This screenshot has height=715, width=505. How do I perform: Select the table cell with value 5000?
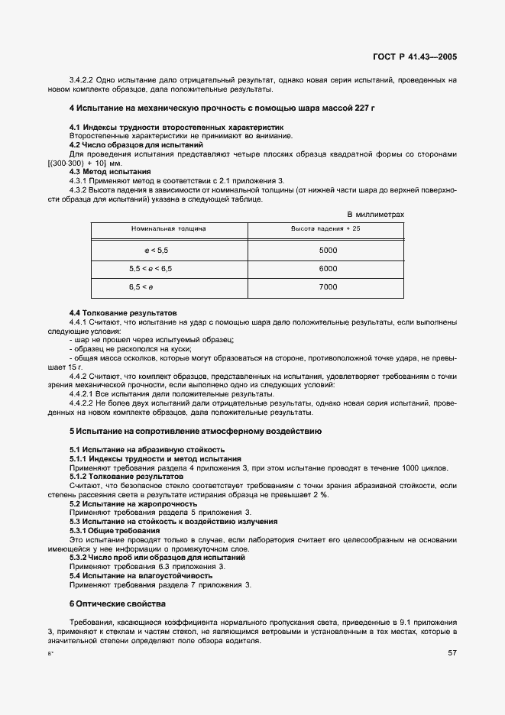click(328, 251)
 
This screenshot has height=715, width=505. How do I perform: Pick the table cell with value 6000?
click(328, 269)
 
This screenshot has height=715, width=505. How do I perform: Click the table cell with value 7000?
click(328, 287)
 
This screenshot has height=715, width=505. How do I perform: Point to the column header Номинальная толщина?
click(168, 228)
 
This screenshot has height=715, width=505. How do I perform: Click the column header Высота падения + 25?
click(328, 228)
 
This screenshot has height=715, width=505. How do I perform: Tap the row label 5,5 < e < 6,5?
click(151, 269)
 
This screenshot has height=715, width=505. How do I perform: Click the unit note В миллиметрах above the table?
click(375, 215)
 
